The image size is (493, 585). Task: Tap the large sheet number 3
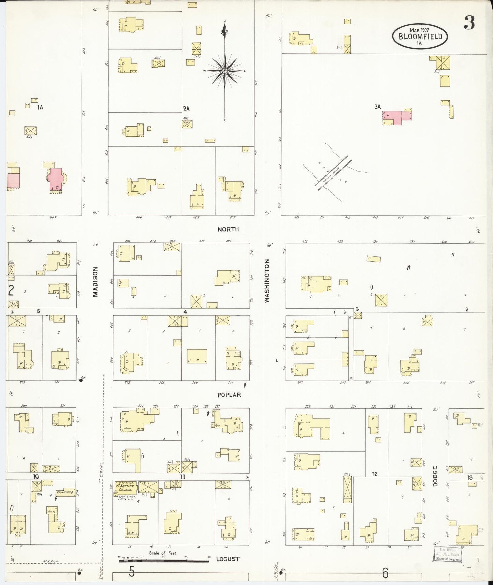tap(469, 23)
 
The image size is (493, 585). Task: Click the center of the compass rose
tap(225, 71)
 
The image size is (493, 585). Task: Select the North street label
tap(228, 229)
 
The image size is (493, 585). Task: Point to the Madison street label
tap(96, 282)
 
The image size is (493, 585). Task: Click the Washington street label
tap(267, 280)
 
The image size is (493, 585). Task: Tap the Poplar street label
tap(229, 395)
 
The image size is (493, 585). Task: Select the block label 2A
tap(186, 109)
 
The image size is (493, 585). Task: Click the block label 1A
tap(40, 107)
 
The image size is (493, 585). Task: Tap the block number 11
tap(183, 476)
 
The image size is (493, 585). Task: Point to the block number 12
tap(375, 474)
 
